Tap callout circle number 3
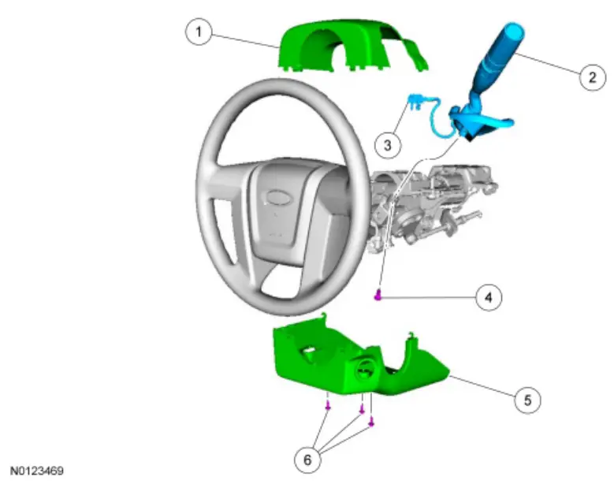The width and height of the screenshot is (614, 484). coord(387,145)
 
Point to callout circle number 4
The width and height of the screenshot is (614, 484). coord(489,297)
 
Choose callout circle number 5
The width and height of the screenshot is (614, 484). coord(527,400)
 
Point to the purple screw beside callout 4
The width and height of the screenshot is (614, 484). coord(379,296)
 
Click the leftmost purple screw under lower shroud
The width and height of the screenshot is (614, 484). coord(327,406)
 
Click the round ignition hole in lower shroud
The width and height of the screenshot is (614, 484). coord(365,367)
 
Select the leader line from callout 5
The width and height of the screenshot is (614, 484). coord(481,387)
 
